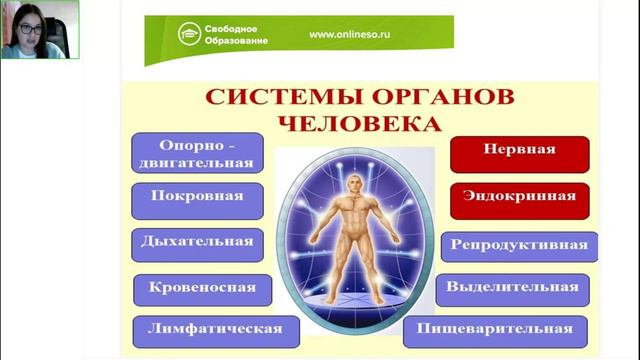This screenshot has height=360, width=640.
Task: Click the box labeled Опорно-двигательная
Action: pos(197,152)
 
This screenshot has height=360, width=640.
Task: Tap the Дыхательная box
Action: pos(197,244)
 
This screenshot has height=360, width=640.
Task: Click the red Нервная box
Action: pos(519,153)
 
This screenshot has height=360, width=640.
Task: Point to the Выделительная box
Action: pos(513,289)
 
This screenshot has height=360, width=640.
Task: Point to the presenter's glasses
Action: pos(29,27)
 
